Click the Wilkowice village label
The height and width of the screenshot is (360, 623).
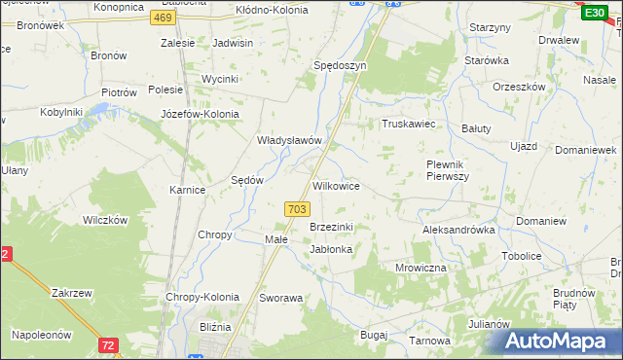point(336,185)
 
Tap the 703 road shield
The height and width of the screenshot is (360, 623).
point(298,209)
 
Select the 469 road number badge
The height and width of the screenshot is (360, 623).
point(165,18)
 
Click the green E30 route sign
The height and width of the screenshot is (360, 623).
point(595,13)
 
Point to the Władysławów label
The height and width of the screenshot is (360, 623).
point(289,140)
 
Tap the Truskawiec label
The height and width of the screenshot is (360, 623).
point(407,125)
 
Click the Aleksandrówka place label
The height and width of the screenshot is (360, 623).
point(458,230)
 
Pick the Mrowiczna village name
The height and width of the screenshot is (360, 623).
point(421,267)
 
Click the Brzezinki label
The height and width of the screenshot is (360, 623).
point(331,227)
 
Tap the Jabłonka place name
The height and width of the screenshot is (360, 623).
point(331,249)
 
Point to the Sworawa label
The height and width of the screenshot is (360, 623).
point(281,298)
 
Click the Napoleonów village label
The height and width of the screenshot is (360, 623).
point(42,334)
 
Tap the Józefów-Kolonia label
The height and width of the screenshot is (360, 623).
point(199,113)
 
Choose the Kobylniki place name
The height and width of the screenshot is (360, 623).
point(61,113)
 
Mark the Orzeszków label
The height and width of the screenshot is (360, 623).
point(518,85)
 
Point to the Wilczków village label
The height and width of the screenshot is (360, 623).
point(106,220)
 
